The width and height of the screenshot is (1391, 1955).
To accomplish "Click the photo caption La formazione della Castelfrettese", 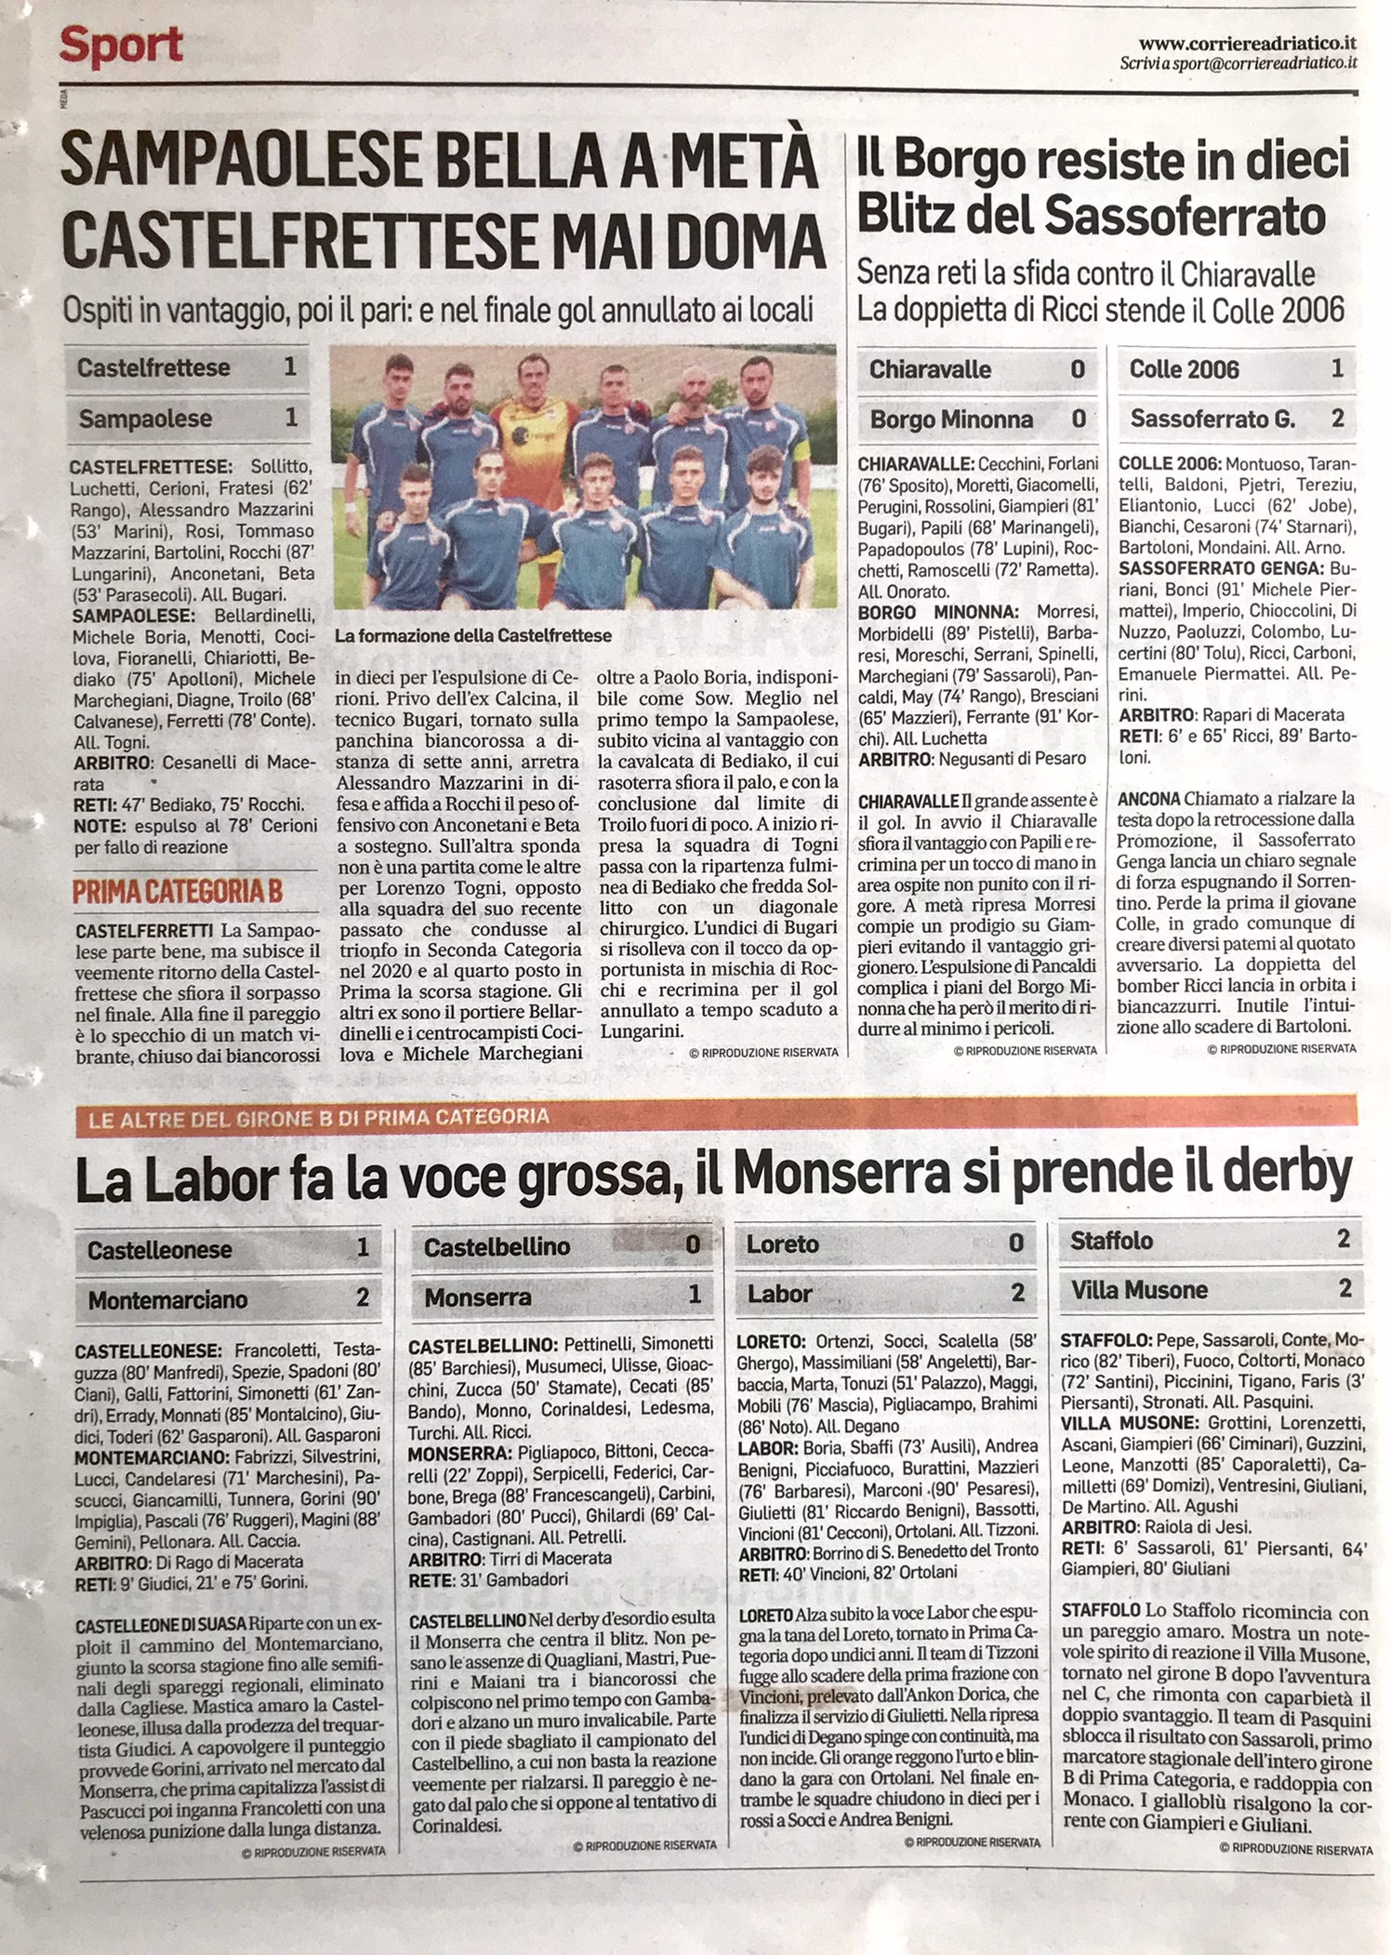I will point(473,636).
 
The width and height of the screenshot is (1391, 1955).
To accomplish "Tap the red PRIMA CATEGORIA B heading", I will point(177,891).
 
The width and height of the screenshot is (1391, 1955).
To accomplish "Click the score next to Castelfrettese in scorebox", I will point(290,367).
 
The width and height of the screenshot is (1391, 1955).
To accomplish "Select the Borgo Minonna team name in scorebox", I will point(950,419).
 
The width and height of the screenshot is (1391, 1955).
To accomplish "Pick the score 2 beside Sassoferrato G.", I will point(1336,419).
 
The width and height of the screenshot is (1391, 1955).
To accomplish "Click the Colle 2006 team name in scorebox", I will point(1184,369).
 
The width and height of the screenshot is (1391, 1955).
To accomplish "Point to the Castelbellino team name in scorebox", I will point(497,1247).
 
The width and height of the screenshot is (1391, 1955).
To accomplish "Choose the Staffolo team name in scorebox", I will point(1111,1241).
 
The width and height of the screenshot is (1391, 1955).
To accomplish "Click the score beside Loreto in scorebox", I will point(1015,1243).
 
